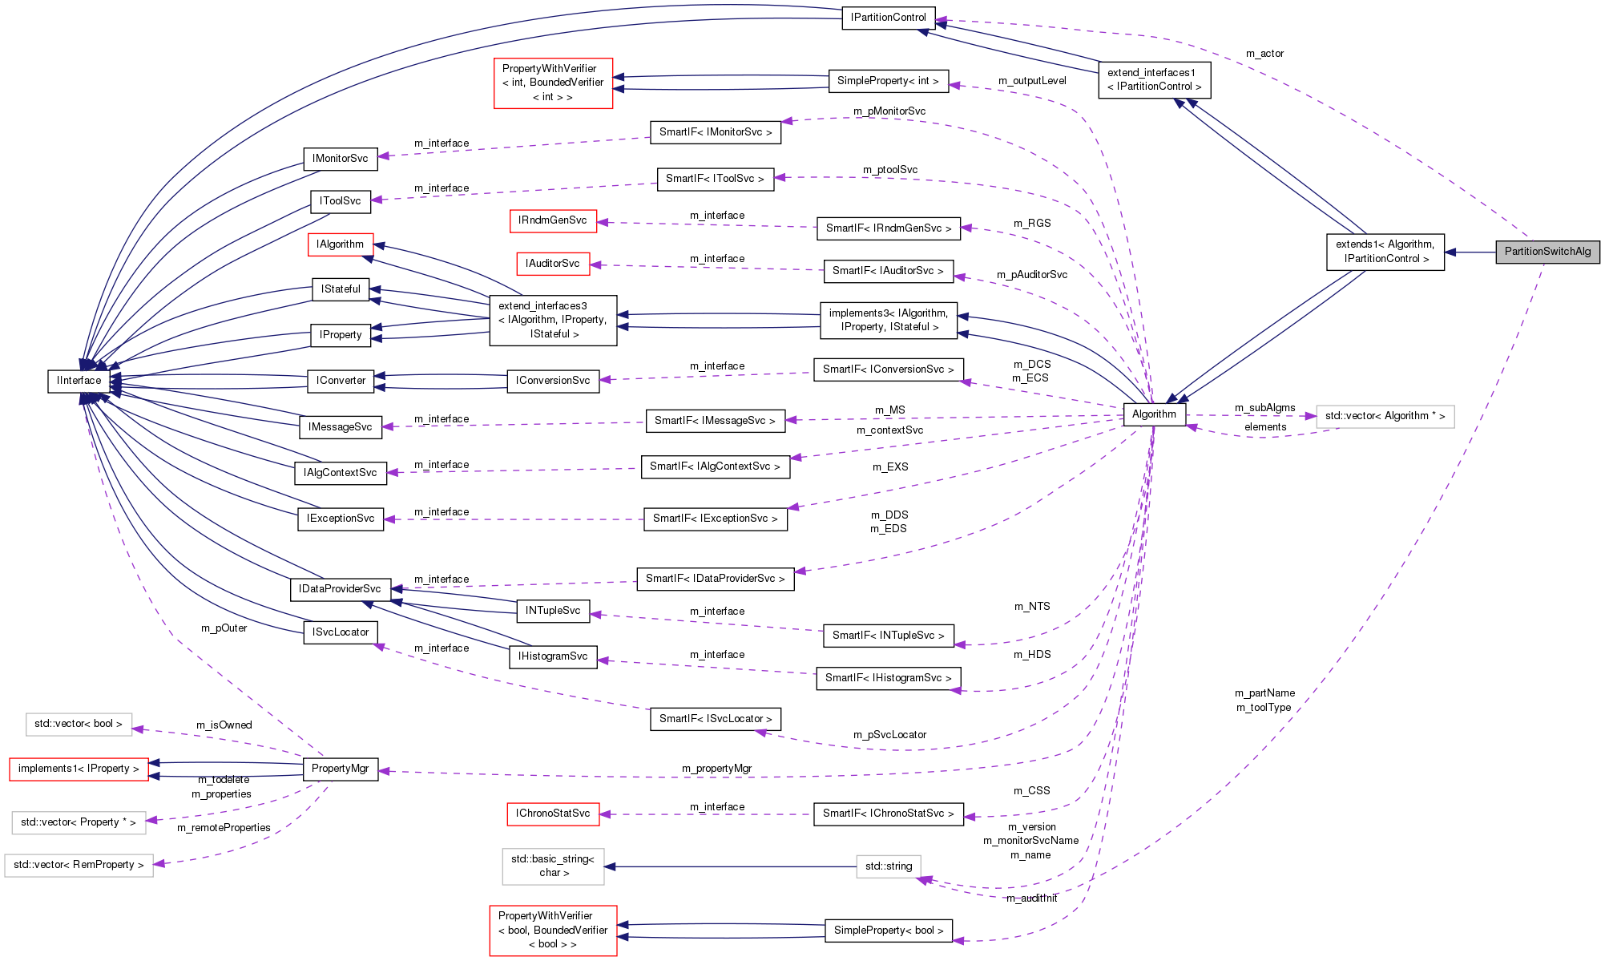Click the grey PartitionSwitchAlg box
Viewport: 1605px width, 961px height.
click(x=1547, y=252)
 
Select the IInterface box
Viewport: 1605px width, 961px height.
click(x=79, y=381)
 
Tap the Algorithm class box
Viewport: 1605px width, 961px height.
click(x=1154, y=414)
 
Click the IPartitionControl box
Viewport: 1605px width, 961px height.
click(x=888, y=18)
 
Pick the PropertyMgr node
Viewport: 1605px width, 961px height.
click(x=340, y=769)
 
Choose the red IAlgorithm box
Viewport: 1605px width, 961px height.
click(x=340, y=244)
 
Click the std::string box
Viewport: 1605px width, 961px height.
click(x=888, y=866)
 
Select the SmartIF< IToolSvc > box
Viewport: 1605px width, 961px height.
click(x=715, y=179)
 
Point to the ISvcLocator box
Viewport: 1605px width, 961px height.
click(x=340, y=632)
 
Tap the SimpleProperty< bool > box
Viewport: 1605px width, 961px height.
click(x=888, y=931)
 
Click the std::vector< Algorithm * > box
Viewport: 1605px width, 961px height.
click(x=1384, y=416)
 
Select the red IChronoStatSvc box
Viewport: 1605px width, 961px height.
click(x=552, y=814)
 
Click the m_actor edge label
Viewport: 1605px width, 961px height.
click(x=1264, y=54)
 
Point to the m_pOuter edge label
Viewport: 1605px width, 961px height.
click(x=224, y=628)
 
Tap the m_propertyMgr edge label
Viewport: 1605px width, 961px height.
click(x=716, y=769)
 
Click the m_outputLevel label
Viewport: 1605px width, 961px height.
click(x=1032, y=81)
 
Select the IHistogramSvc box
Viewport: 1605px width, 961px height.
click(x=552, y=656)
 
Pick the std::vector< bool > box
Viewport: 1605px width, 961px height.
click(x=78, y=724)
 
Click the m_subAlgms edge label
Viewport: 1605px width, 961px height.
click(x=1264, y=408)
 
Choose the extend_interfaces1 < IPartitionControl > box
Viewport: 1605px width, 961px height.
click(x=1153, y=79)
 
